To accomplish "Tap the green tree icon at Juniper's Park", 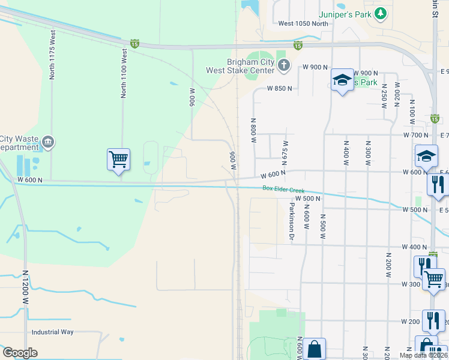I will tap(379, 13).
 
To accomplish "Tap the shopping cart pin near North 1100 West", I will tap(119, 160).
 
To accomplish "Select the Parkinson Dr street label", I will tap(291, 221).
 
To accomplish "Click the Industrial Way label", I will tap(53, 332).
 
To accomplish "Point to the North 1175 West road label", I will tap(53, 55).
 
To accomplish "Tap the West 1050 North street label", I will tap(304, 24).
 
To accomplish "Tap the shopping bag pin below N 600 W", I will tap(314, 349).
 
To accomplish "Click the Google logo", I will tap(20, 353).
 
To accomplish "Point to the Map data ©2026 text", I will tap(423, 355).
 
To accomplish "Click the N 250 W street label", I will tap(384, 96).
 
